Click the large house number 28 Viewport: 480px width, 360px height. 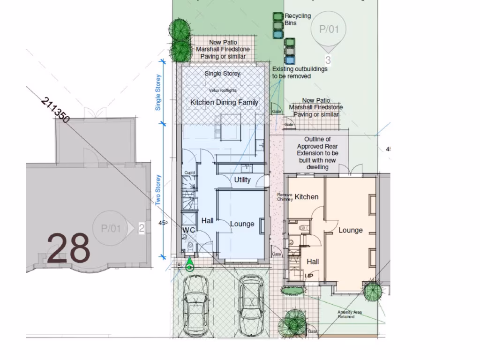(x=68, y=248)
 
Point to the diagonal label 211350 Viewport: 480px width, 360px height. (x=55, y=110)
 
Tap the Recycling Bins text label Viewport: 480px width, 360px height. (x=298, y=19)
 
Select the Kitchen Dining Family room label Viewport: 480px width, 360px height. (x=224, y=102)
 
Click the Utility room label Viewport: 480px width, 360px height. (x=242, y=180)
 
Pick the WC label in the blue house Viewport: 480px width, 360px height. (x=188, y=230)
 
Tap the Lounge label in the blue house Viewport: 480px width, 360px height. (x=242, y=224)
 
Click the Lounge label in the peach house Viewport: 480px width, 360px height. (x=351, y=230)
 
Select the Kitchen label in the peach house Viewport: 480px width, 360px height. (x=307, y=197)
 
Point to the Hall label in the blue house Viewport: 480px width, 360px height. (x=208, y=220)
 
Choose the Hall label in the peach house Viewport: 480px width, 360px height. (x=313, y=262)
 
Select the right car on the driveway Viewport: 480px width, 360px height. (x=251, y=305)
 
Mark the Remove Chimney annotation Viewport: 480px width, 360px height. (x=285, y=197)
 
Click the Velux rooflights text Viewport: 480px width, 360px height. (x=223, y=90)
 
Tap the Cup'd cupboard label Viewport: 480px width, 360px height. (x=189, y=172)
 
